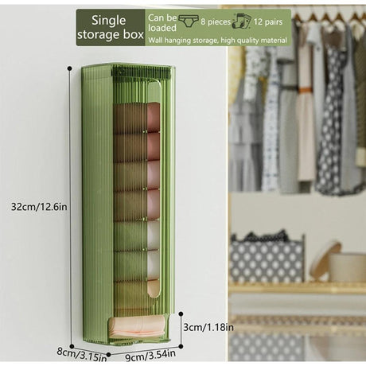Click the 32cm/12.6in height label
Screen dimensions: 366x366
coord(39,206)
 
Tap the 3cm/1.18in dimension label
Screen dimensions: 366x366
coord(208,327)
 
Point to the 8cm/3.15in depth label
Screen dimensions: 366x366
coord(82,355)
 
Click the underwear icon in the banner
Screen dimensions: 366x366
coord(189,21)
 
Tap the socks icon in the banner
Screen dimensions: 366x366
coord(241,21)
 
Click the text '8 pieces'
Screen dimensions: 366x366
coord(216,21)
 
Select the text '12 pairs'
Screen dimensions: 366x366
coord(268,21)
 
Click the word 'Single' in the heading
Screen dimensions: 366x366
coord(108,20)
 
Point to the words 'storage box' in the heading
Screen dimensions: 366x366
coord(111,34)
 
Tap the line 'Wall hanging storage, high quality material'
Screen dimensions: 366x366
coord(217,41)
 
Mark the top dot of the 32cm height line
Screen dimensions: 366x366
coord(70,68)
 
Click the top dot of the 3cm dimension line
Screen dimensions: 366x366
coord(181,314)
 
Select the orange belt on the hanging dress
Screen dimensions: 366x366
coord(306,91)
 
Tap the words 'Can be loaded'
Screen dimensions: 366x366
coord(162,22)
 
